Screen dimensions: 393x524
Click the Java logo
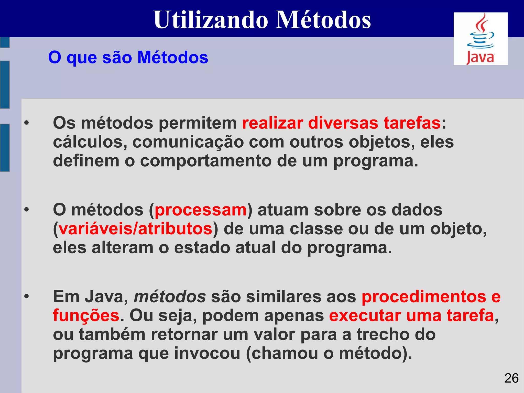[x=480, y=39]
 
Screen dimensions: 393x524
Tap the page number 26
[x=511, y=378]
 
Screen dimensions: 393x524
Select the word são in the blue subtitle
[x=117, y=57]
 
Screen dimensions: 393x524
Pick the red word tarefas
[x=412, y=123]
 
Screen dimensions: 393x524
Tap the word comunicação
[x=188, y=143]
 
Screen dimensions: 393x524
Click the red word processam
[x=201, y=210]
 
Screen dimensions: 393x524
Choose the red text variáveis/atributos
[x=135, y=229]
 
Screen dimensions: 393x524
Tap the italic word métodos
[x=170, y=297]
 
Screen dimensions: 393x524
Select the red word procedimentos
[x=424, y=297]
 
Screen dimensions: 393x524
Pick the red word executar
[x=365, y=316]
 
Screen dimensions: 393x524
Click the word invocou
[x=207, y=353]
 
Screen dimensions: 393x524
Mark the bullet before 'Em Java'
[x=27, y=297]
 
